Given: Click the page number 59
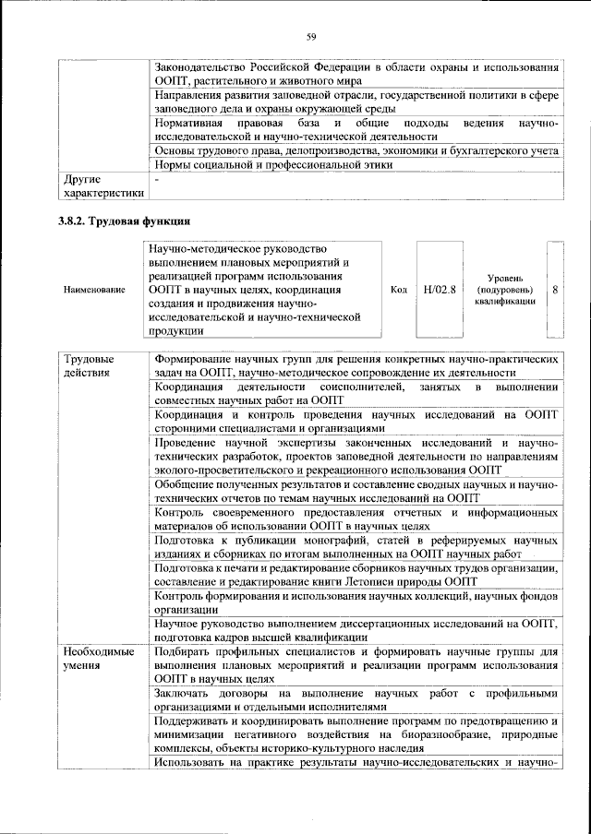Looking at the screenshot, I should pos(311,36).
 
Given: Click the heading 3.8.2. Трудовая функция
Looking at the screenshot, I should pos(125,221).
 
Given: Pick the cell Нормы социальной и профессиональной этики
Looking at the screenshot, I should pos(273,164).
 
